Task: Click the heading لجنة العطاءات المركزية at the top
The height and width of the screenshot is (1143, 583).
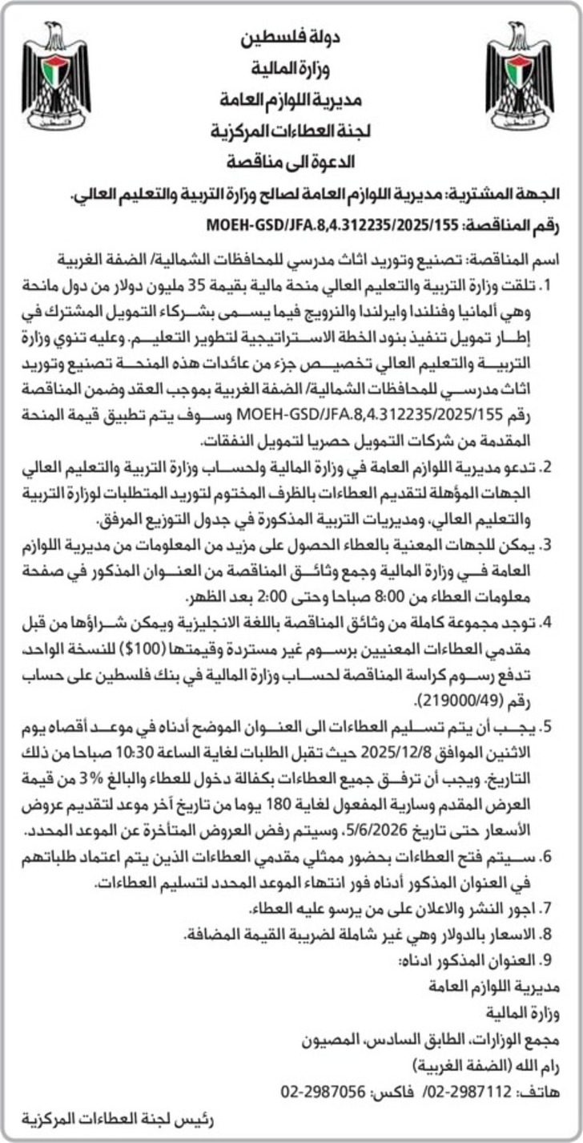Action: click(290, 131)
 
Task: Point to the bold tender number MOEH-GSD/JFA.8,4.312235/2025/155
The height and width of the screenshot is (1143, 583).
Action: click(324, 226)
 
